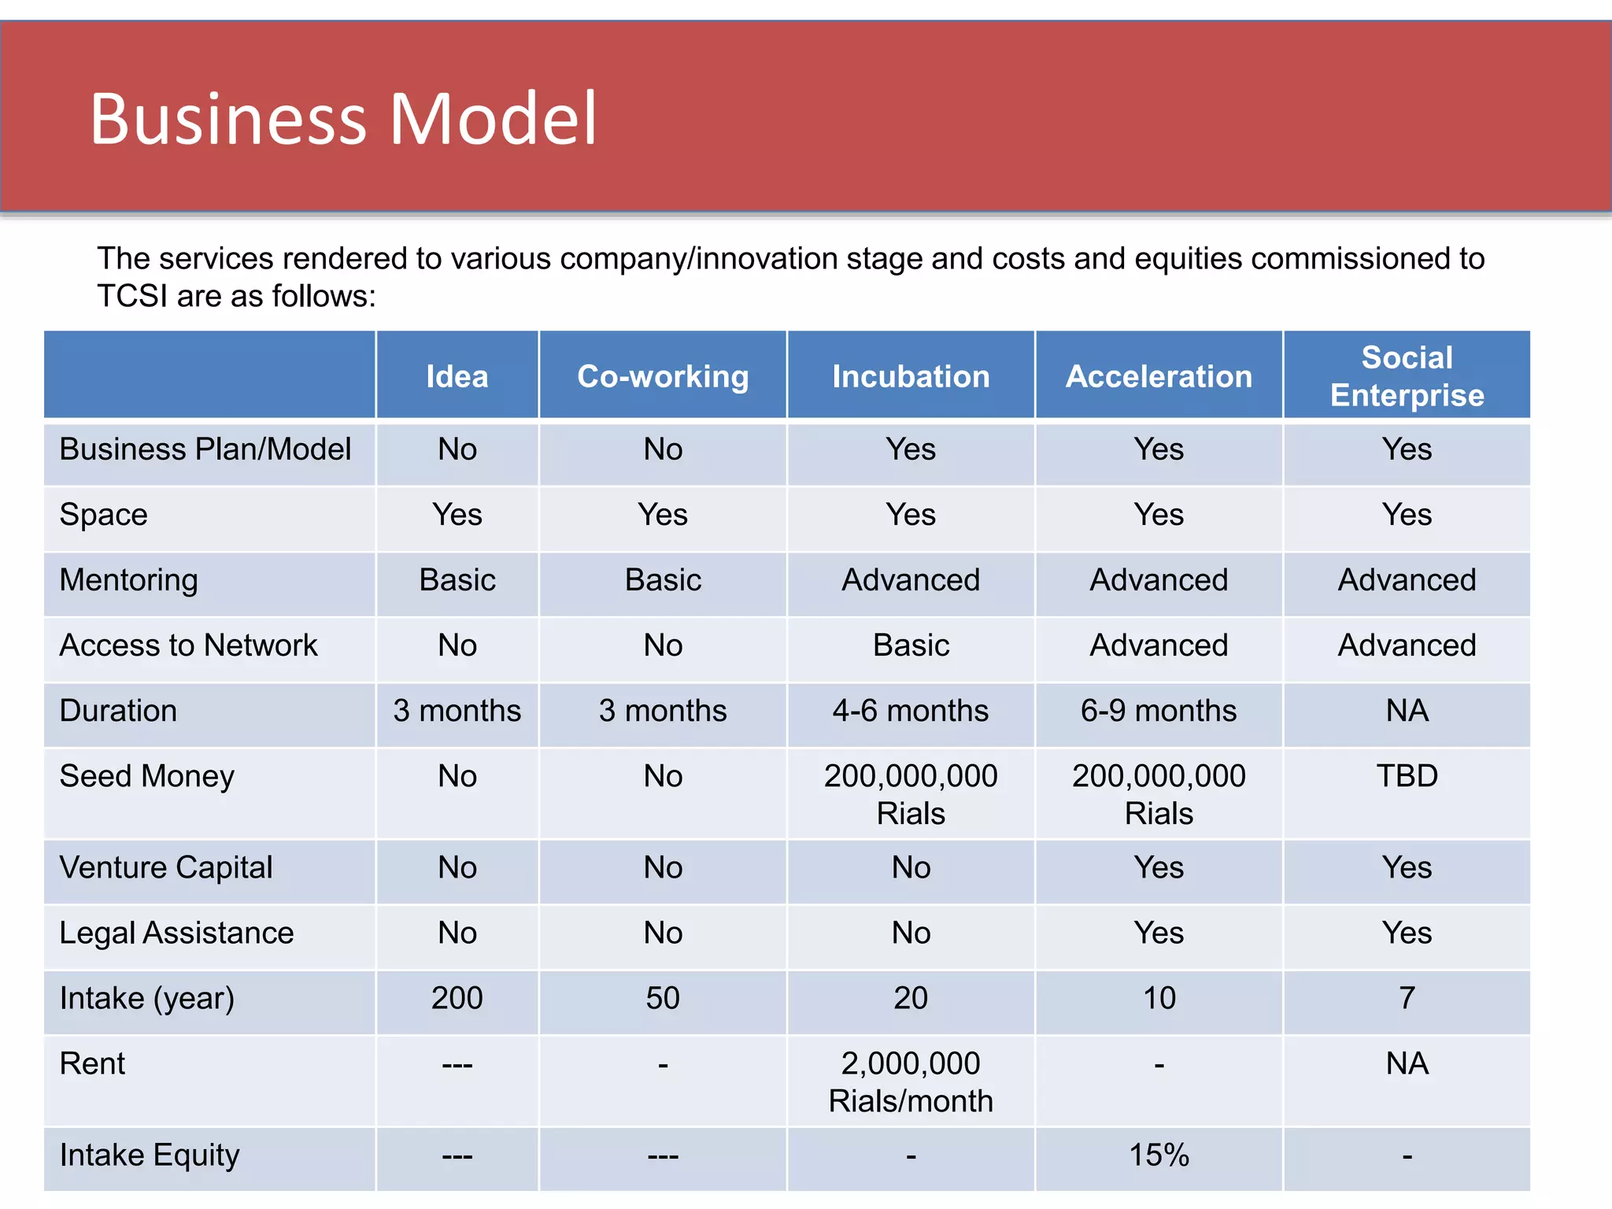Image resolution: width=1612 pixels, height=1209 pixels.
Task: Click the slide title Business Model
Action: point(343,119)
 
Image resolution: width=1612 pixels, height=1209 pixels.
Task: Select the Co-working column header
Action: point(663,376)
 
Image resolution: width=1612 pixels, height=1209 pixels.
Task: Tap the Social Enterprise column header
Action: point(1407,376)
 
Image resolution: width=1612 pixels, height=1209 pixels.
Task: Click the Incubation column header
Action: point(911,376)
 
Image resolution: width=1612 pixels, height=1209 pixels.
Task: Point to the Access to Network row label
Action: point(188,645)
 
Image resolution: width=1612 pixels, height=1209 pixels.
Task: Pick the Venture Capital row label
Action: point(166,867)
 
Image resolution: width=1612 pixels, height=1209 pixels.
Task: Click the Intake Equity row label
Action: point(150,1155)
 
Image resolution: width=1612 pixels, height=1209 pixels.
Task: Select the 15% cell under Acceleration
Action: point(1159,1155)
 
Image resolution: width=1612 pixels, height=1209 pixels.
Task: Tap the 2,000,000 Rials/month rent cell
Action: point(911,1081)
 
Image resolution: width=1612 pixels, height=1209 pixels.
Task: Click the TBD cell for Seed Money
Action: point(1407,776)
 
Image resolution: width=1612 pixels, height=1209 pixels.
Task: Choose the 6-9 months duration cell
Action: point(1159,711)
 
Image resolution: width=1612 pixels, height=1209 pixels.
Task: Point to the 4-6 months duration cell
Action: point(911,711)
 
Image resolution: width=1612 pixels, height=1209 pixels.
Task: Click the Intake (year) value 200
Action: point(457,998)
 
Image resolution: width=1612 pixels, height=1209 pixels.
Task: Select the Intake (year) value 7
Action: point(1407,998)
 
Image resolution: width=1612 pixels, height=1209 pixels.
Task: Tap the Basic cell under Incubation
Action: point(911,645)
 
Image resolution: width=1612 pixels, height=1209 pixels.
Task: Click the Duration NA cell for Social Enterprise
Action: point(1407,711)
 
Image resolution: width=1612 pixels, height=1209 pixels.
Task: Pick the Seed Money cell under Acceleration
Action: point(1159,794)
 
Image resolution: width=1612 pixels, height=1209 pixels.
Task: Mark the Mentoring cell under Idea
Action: point(457,580)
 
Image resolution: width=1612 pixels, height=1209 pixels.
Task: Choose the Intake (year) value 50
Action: point(663,998)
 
